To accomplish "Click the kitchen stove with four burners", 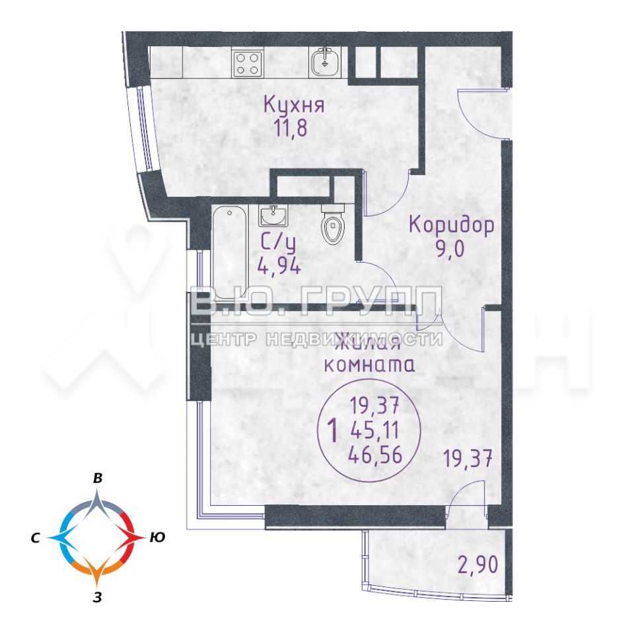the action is (x=248, y=64).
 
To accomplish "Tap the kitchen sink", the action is (x=325, y=62).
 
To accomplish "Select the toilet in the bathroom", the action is (x=333, y=225).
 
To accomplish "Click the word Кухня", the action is (x=294, y=105).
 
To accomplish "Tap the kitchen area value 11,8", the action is (x=291, y=127).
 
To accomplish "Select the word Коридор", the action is (x=451, y=225).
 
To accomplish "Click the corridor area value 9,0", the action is (x=450, y=249).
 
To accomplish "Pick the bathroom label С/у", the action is (x=278, y=243).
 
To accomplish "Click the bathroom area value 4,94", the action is (x=279, y=266).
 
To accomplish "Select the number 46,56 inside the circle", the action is (x=375, y=455).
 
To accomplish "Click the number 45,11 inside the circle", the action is (x=375, y=430).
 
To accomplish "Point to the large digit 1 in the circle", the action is (x=333, y=431).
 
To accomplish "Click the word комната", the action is (x=370, y=365).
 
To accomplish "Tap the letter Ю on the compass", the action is (x=157, y=538).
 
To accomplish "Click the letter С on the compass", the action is (x=35, y=538).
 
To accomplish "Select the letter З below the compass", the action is (x=96, y=598).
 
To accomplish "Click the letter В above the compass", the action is (x=98, y=478).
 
